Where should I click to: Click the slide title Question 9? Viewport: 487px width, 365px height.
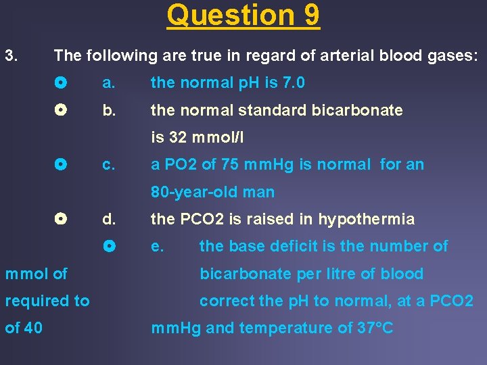243,16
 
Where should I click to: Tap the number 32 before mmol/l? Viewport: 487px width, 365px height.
178,138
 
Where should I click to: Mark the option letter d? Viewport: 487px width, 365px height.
108,219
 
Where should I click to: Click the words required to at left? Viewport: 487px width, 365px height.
47,301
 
